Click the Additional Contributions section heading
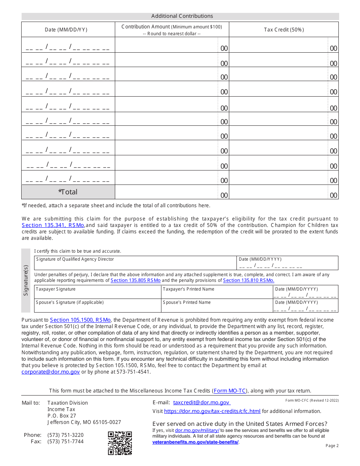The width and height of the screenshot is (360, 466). coord(182,16)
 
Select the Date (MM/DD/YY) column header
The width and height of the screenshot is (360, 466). coord(66,30)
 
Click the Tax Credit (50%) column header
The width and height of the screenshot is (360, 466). coord(284,30)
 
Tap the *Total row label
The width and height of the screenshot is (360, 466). coord(68,192)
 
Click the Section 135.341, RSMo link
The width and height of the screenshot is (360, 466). coord(53,225)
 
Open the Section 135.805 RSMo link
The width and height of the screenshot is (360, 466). coord(135,280)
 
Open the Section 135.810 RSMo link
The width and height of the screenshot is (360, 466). coord(248,280)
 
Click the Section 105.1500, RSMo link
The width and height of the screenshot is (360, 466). coord(80,320)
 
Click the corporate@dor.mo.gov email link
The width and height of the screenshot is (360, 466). coord(51,372)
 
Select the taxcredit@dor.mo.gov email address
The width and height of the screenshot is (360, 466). coord(201,403)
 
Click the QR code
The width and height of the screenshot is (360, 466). coord(120,443)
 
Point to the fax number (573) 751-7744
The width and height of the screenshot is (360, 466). coord(65,441)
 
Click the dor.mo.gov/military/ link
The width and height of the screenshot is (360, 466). coord(197,430)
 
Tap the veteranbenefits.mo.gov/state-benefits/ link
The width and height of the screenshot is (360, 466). coord(196,442)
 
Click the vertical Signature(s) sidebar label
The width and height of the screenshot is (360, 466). coord(26,280)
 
